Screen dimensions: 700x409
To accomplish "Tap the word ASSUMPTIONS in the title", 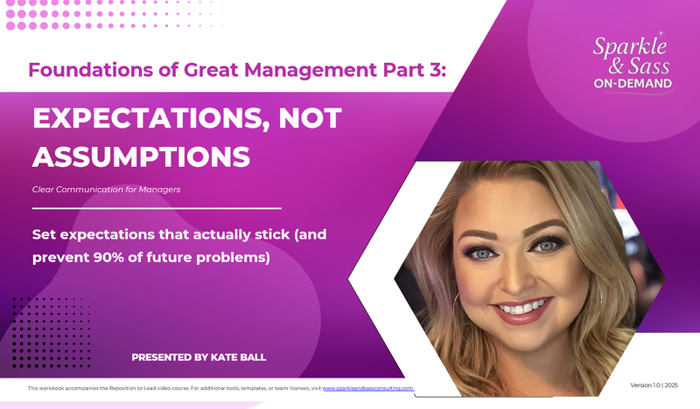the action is [141, 157].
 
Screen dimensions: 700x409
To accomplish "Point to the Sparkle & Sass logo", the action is [633, 62].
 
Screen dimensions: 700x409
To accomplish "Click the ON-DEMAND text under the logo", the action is [633, 84].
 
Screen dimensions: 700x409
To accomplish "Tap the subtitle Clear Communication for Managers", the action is [106, 190].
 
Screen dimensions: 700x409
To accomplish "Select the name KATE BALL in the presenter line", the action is [238, 357].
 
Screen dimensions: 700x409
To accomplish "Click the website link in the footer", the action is [367, 389].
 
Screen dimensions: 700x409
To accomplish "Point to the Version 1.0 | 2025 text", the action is [654, 385].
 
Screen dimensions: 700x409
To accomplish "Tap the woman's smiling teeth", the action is [521, 308].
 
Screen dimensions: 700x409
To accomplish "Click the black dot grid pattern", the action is [52, 332].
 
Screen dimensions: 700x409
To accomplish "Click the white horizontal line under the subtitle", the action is [157, 208].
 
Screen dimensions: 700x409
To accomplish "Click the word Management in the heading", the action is [280, 71].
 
